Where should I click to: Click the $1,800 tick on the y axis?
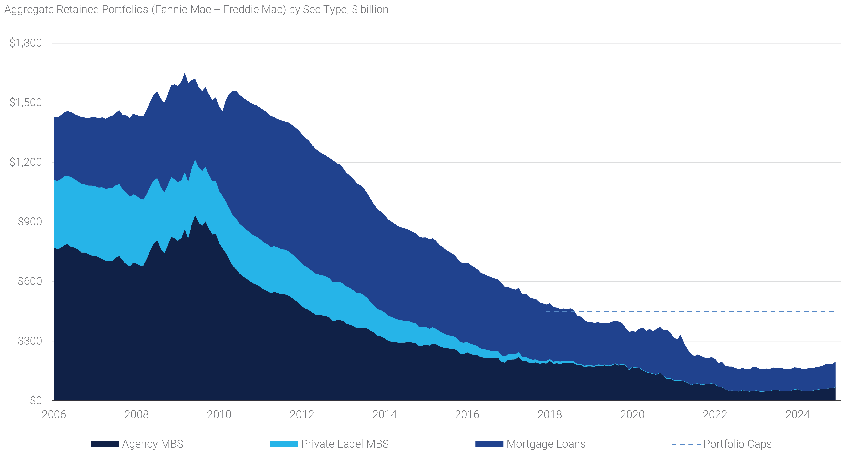click(26, 43)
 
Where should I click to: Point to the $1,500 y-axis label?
click(26, 103)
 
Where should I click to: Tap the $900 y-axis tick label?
click(30, 222)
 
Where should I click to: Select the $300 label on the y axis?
click(30, 341)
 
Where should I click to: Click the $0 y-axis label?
click(36, 400)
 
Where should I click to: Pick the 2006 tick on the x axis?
click(54, 414)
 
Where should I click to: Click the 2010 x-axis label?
click(219, 414)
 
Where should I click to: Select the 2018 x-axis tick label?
click(550, 414)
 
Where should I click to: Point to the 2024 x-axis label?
click(798, 414)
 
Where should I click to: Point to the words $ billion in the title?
click(370, 9)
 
